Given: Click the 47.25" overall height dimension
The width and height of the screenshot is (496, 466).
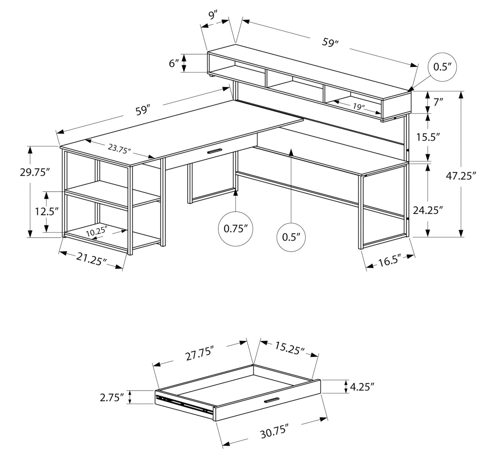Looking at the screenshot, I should click(460, 176).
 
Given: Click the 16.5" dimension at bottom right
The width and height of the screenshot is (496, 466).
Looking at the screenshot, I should click(390, 262).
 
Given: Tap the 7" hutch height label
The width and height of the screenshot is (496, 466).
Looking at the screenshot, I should click(438, 102).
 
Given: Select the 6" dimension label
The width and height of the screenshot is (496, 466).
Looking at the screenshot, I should click(174, 63).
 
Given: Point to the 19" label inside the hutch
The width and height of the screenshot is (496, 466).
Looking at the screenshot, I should click(358, 107).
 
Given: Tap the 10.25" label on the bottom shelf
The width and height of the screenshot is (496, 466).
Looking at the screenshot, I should click(97, 231).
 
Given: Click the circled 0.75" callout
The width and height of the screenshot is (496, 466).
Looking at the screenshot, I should click(235, 229).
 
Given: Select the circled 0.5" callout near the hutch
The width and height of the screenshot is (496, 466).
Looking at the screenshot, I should click(442, 67).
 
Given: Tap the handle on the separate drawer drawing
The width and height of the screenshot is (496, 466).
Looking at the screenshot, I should click(271, 400).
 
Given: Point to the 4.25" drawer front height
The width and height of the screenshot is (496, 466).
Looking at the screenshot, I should click(362, 387).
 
